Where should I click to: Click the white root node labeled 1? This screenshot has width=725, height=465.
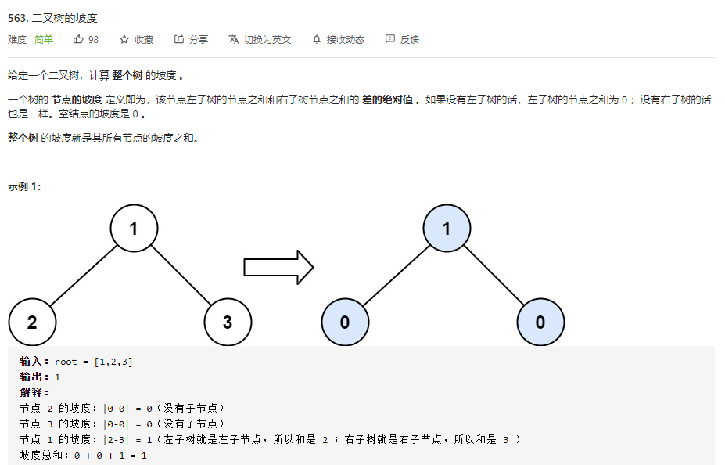pos(134,229)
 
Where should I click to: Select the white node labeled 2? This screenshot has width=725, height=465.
pos(32,322)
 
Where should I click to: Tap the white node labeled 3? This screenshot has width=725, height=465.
pos(228,322)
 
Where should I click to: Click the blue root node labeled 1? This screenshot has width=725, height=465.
pos(447,229)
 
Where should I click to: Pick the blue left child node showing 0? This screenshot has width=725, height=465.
pos(345,322)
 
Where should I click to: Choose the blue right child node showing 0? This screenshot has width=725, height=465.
pos(540,322)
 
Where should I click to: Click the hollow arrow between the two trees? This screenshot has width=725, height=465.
pos(278,268)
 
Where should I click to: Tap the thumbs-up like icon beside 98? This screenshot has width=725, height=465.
pos(78,39)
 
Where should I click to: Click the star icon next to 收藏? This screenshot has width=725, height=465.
pos(124,39)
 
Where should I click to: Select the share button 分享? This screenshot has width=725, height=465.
pos(191,39)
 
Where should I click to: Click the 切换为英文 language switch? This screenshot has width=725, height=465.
pos(260,39)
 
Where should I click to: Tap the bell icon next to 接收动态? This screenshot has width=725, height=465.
pos(317,39)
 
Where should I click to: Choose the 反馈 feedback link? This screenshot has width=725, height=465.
pos(403,39)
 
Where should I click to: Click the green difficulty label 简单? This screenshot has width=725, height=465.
pos(44,39)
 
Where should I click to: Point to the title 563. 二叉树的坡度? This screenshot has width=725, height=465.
pos(52,16)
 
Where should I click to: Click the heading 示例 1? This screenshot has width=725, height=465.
pos(24,186)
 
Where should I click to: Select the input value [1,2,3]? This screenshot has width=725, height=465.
pos(113,362)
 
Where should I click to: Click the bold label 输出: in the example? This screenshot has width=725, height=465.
pos(35,377)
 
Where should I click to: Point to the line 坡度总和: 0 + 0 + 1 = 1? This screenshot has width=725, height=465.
pos(84,455)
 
